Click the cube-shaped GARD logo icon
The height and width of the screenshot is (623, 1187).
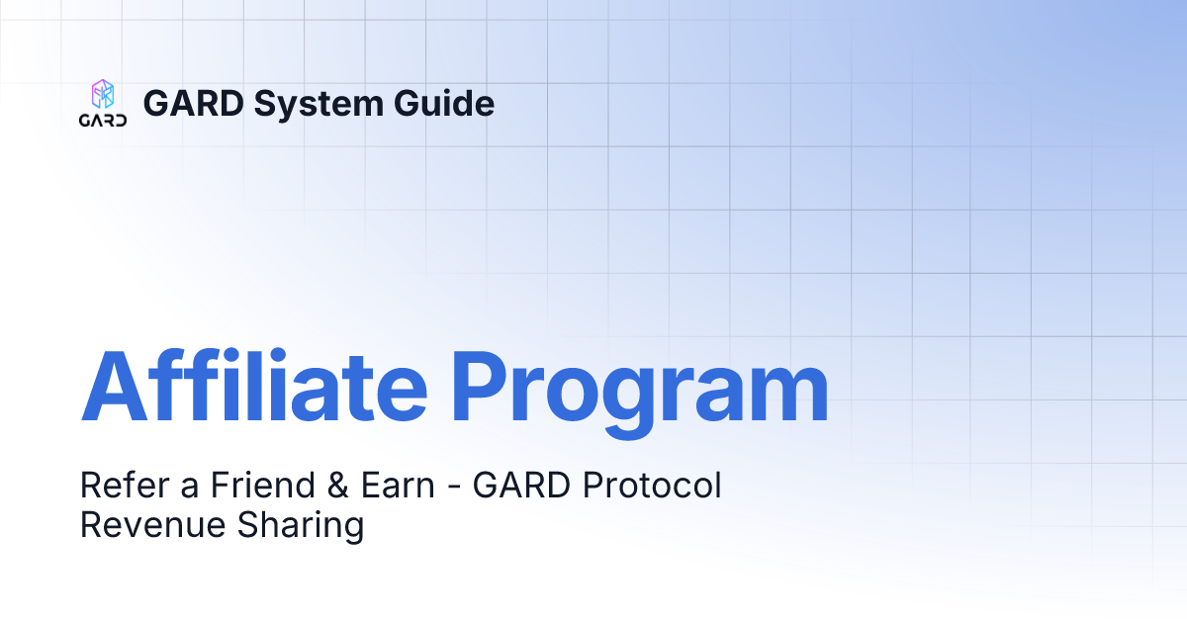click(103, 95)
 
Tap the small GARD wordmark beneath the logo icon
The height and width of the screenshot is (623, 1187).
click(103, 122)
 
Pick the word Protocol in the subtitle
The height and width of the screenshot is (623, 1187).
click(653, 486)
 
